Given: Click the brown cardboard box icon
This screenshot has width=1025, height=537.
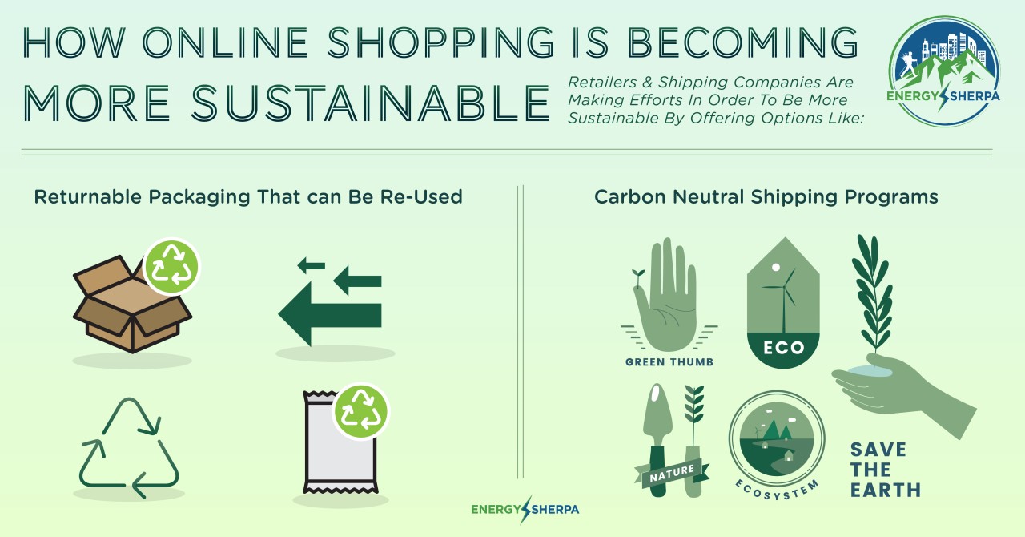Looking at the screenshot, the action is [132, 305].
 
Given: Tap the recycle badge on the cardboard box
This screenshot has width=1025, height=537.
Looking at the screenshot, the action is [171, 266].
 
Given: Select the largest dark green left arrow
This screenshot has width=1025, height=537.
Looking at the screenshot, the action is [329, 314].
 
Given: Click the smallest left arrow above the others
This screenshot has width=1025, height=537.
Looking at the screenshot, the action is [312, 264].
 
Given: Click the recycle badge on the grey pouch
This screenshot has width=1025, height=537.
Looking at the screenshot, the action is [360, 411].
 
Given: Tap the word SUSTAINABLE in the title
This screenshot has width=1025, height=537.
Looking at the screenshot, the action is [370, 103].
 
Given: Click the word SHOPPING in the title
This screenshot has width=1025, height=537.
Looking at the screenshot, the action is [440, 42].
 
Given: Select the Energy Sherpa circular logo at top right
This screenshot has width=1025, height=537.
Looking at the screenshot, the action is [943, 71].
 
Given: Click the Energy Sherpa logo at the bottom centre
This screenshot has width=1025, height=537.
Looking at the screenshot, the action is [525, 509].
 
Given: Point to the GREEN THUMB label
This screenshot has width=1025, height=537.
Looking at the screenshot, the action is [669, 362].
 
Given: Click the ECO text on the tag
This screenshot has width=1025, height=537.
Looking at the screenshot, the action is [783, 348].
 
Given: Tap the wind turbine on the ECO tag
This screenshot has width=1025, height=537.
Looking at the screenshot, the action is [783, 298].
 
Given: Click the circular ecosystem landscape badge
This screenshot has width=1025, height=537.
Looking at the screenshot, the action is [777, 439].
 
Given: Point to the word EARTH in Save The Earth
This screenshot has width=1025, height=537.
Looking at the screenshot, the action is [886, 490].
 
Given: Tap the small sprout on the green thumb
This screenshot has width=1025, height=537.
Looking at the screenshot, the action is [637, 278].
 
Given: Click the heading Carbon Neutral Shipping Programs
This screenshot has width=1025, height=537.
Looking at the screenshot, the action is [766, 197].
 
